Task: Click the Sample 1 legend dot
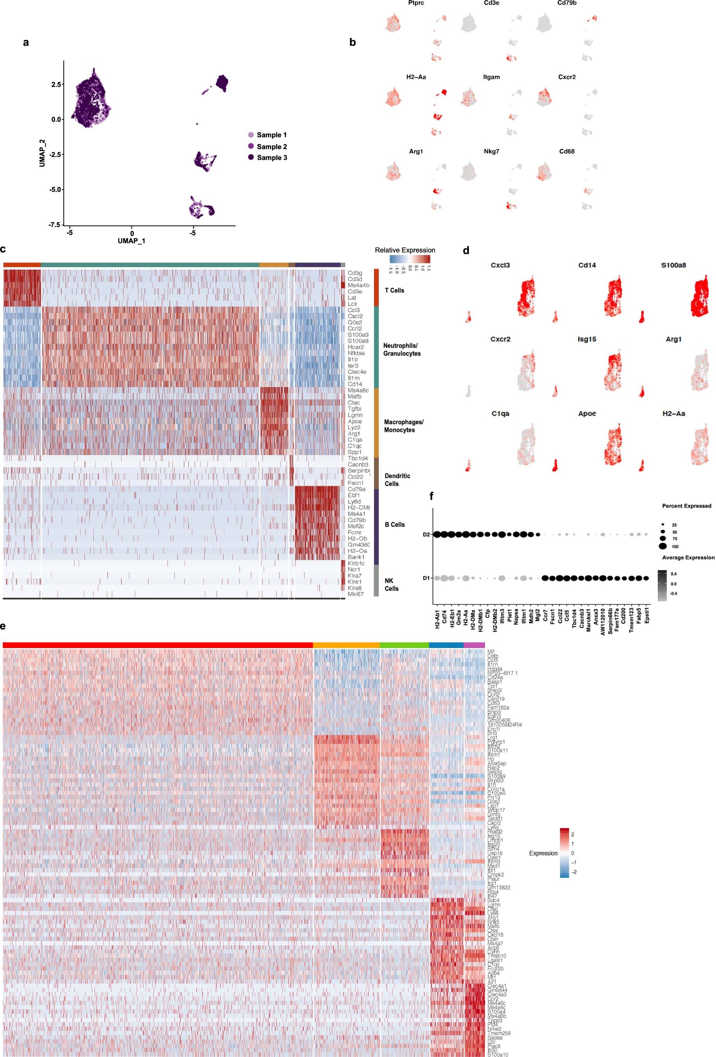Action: pyautogui.click(x=251, y=135)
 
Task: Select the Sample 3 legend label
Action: pyautogui.click(x=272, y=158)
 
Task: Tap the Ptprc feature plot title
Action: pyautogui.click(x=416, y=3)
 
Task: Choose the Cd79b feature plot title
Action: pyautogui.click(x=567, y=3)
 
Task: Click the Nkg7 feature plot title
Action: pyautogui.click(x=491, y=152)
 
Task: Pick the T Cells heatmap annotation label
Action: pyautogui.click(x=394, y=290)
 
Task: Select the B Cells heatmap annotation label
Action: pyautogui.click(x=395, y=525)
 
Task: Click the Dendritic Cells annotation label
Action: pyautogui.click(x=397, y=480)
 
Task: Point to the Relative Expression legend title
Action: pyautogui.click(x=405, y=250)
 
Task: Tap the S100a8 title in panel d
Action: pyautogui.click(x=673, y=265)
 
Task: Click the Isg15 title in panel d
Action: pyautogui.click(x=587, y=339)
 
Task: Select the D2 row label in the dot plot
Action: pyautogui.click(x=426, y=534)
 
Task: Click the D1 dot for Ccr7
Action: pyautogui.click(x=545, y=578)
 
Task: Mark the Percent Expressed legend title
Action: pyautogui.click(x=686, y=506)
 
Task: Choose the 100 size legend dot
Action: pyautogui.click(x=662, y=546)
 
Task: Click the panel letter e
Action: pyautogui.click(x=3, y=626)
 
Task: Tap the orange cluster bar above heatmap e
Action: pyautogui.click(x=346, y=645)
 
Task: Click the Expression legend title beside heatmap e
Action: pyautogui.click(x=543, y=853)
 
